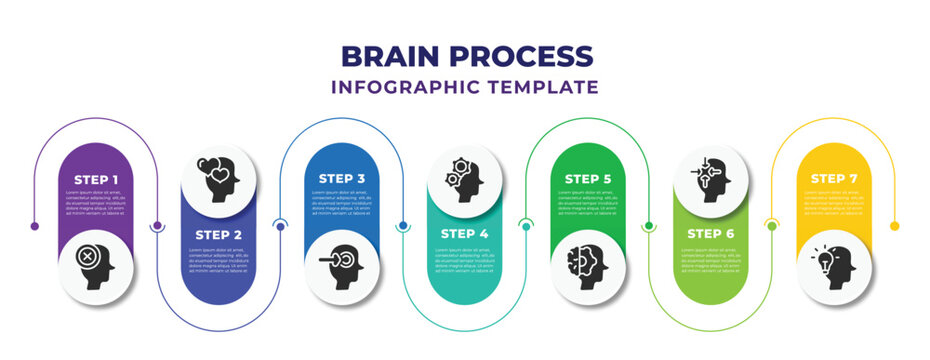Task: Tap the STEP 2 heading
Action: pos(218,234)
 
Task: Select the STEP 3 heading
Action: pos(341,179)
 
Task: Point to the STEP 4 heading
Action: pos(464,234)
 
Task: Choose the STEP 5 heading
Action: pos(588,179)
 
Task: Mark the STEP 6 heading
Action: pos(710,234)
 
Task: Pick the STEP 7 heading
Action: pos(833,179)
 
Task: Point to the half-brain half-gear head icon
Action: pos(588,266)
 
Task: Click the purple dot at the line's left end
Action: pos(35,226)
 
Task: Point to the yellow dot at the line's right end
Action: pos(894,226)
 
